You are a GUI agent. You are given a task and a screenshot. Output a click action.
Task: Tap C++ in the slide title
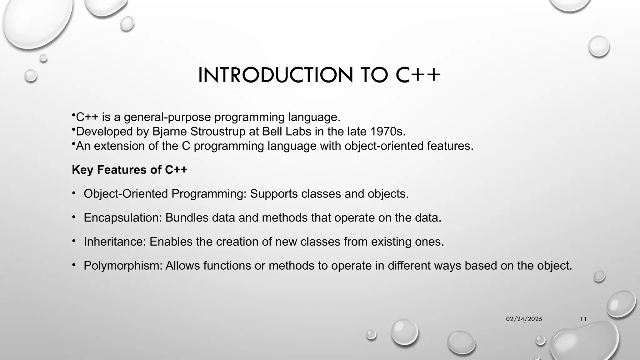click(418, 75)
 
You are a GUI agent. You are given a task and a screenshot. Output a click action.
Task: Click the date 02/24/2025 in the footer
click(524, 319)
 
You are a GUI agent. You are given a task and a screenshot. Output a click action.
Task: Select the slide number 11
click(583, 319)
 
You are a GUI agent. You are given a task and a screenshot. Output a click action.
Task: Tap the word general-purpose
click(167, 117)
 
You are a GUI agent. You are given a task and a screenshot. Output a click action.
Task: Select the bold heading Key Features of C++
click(129, 170)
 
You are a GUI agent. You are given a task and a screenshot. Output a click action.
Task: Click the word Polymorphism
click(123, 266)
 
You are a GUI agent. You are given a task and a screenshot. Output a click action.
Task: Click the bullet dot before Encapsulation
click(74, 217)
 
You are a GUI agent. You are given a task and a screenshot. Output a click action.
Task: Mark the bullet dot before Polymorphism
click(74, 265)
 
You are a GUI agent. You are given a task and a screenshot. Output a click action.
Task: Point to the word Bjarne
click(170, 132)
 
